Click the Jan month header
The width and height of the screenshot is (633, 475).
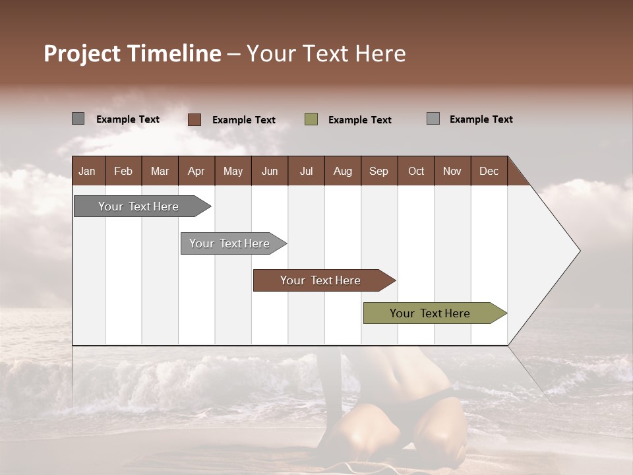click(88, 171)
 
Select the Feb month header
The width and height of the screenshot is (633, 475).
click(123, 171)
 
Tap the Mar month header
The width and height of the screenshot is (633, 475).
click(160, 171)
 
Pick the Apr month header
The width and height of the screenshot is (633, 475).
click(196, 171)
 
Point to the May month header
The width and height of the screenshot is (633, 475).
click(233, 171)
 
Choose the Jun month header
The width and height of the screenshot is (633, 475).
click(270, 171)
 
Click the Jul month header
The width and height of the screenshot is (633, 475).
click(306, 171)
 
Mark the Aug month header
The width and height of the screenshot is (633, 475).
click(343, 171)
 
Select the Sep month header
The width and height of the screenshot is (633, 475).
click(379, 171)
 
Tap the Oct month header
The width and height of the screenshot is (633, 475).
click(416, 171)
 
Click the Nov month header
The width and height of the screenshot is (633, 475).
click(452, 171)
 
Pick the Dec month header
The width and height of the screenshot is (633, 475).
click(489, 171)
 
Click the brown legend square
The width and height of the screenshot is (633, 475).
click(195, 119)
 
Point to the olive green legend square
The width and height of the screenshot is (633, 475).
click(311, 119)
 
